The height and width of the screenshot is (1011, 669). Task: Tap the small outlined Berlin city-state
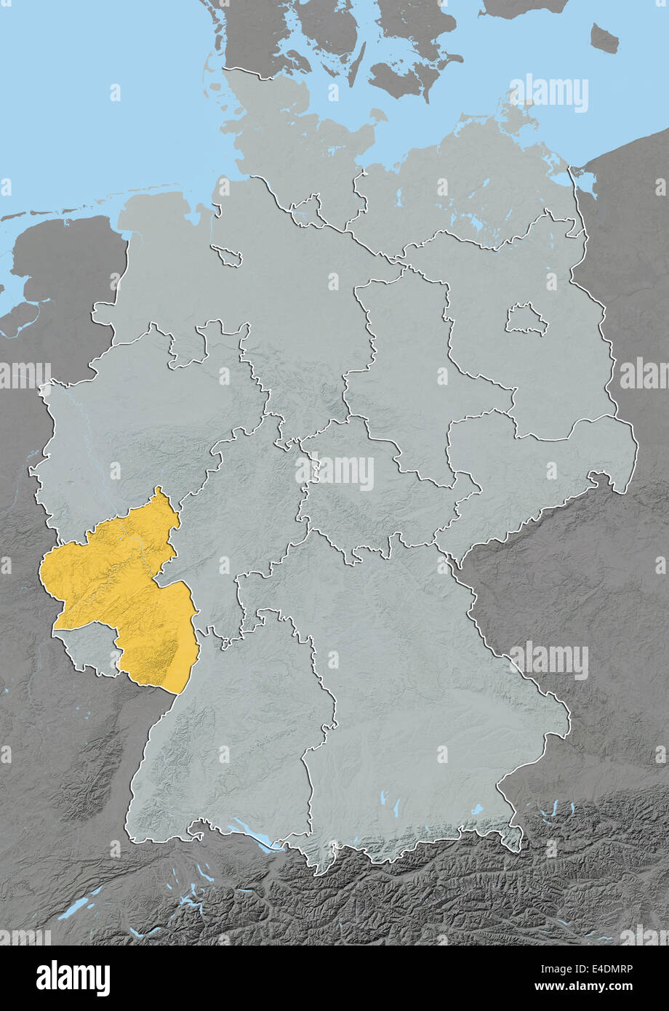point(526,319)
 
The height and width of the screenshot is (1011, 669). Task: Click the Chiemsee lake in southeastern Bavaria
point(476,809)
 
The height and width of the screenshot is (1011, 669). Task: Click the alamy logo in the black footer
point(73,978)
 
